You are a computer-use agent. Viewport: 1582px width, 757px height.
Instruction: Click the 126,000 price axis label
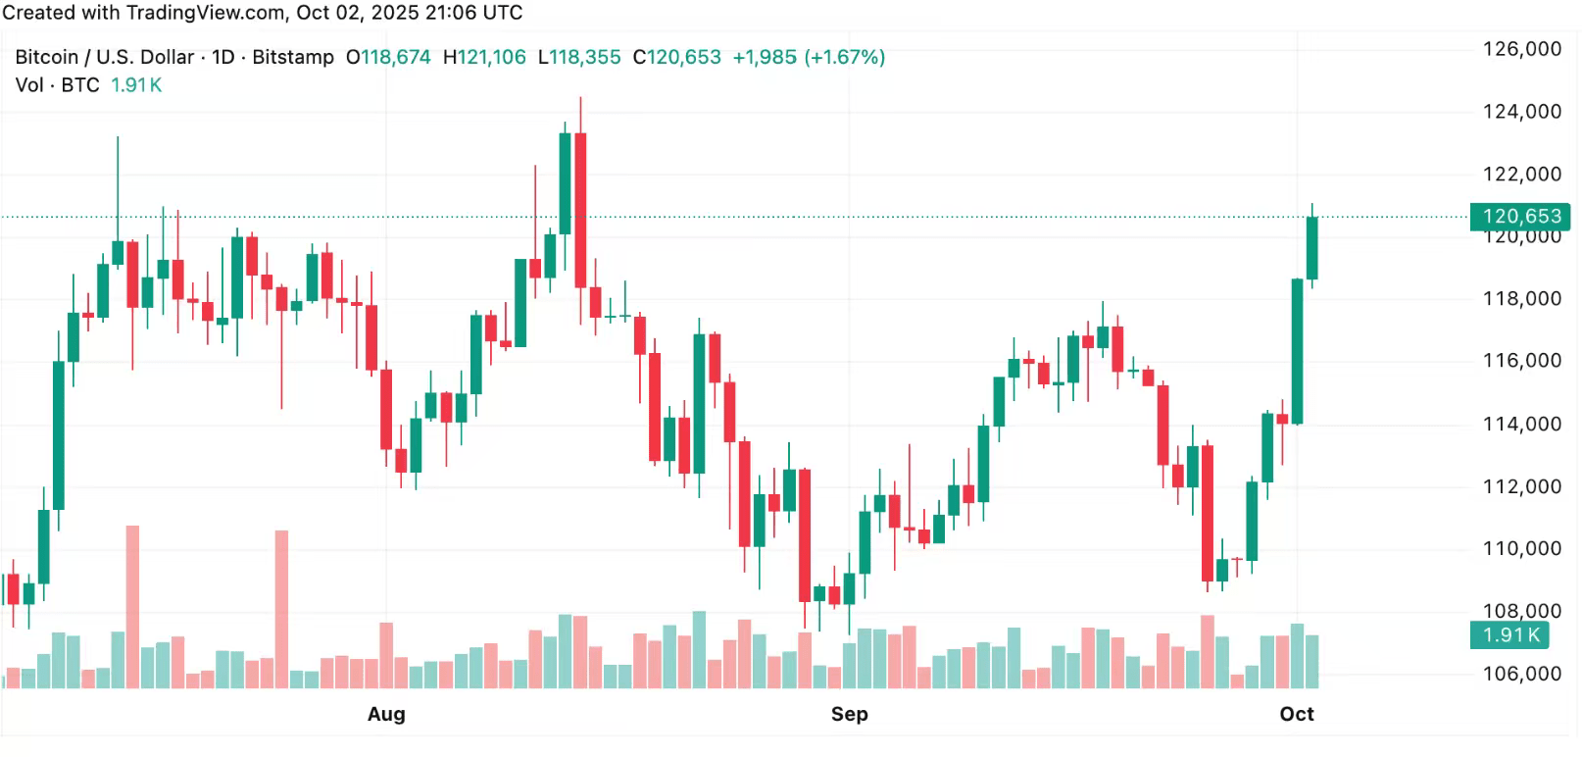point(1521,49)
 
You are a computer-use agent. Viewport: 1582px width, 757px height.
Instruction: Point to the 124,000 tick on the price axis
point(1521,112)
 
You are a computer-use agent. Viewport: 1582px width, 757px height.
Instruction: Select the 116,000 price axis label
point(1521,361)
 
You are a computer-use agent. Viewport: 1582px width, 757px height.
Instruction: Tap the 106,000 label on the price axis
point(1521,674)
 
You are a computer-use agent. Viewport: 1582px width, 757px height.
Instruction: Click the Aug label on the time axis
point(386,714)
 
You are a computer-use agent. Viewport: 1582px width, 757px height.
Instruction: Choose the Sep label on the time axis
point(849,714)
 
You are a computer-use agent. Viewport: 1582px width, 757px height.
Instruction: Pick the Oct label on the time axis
point(1296,714)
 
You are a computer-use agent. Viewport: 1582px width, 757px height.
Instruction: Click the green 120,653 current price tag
point(1520,216)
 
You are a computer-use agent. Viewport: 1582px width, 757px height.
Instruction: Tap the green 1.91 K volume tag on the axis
point(1511,634)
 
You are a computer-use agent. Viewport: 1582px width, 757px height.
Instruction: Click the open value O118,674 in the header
point(388,57)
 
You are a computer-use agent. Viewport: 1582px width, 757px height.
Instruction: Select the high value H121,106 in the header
point(484,57)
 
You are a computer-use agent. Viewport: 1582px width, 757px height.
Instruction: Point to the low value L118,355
point(579,57)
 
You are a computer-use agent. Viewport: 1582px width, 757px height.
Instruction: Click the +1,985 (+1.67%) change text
point(809,57)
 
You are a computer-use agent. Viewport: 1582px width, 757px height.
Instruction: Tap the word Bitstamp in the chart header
point(293,57)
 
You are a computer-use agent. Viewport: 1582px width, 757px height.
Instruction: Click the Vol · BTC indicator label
point(58,85)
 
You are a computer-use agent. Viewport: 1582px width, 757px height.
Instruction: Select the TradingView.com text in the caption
point(206,13)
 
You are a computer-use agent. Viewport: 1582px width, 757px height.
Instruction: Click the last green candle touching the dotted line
point(1311,248)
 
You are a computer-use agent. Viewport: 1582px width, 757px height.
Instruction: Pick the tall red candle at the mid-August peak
point(580,210)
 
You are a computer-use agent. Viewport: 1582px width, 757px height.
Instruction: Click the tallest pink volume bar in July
point(132,606)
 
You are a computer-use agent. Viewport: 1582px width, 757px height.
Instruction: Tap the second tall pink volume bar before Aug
point(281,608)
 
